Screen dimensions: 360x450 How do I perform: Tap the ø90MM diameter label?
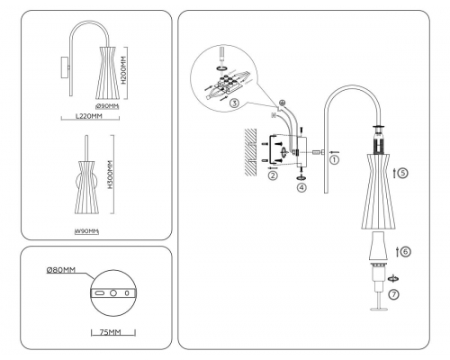pyautogui.click(x=107, y=107)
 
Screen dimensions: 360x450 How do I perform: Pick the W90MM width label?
pyautogui.click(x=85, y=231)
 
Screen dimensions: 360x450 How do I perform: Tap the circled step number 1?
pyautogui.click(x=334, y=160)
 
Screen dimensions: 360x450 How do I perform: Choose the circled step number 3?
pyautogui.click(x=234, y=104)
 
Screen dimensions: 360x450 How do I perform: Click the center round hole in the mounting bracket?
pyautogui.click(x=112, y=293)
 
